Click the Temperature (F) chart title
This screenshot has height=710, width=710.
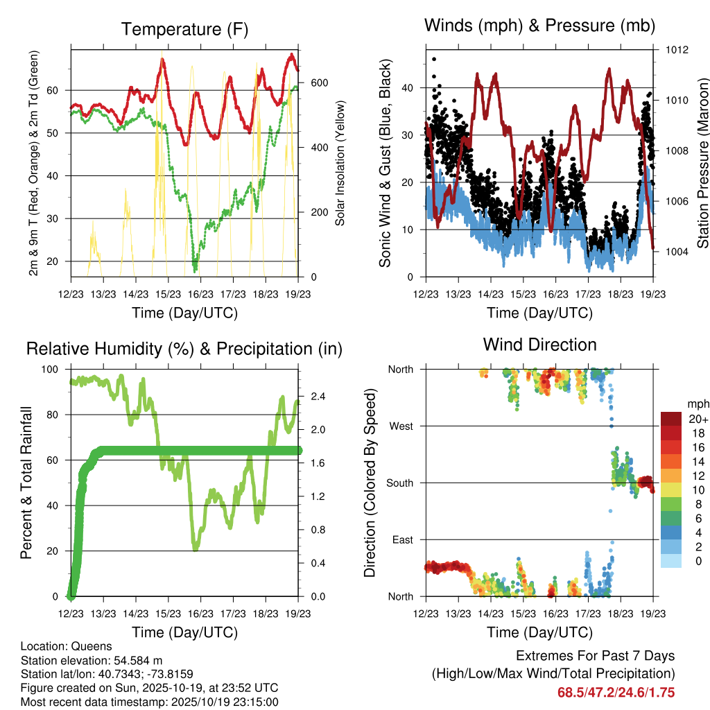click(184, 29)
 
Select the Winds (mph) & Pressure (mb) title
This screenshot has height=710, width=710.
click(539, 26)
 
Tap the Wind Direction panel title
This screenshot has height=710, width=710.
click(539, 344)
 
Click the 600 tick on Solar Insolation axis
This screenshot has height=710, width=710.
click(318, 83)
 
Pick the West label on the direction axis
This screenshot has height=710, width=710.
click(401, 426)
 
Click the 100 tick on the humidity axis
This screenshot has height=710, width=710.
click(51, 370)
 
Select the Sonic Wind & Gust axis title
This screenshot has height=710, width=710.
click(386, 162)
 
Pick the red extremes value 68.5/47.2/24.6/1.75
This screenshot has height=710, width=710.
click(616, 693)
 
